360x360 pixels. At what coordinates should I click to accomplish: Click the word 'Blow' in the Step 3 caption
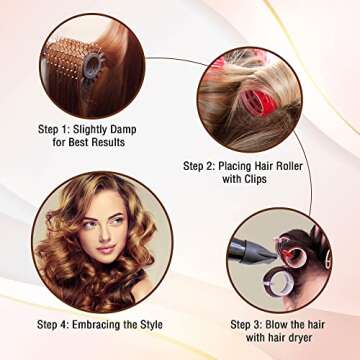290,324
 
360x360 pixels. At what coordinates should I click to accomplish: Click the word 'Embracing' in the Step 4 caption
109,324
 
